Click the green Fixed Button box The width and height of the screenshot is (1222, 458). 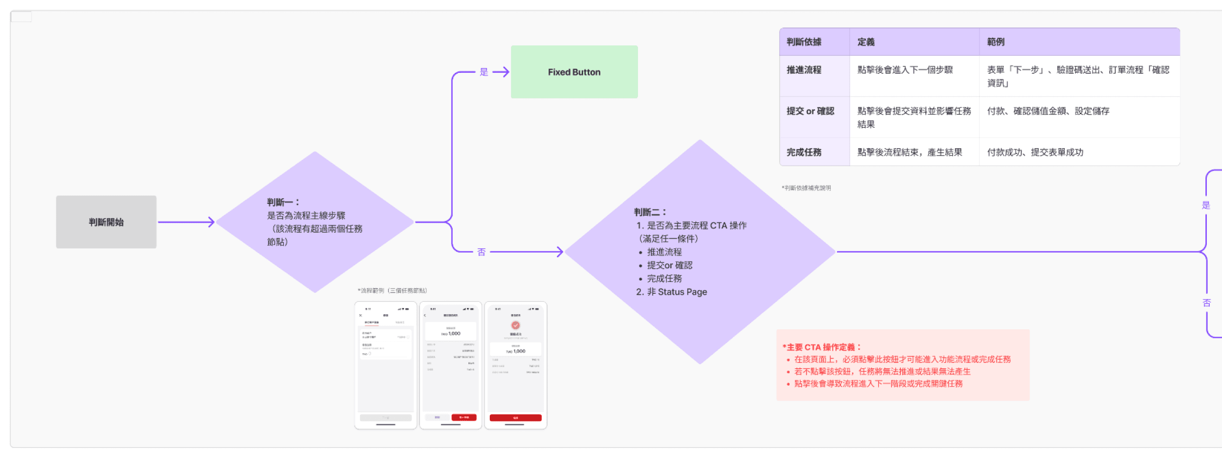pyautogui.click(x=574, y=72)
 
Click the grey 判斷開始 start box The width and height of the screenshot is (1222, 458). pyautogui.click(x=106, y=222)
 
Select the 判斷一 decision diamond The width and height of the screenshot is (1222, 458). pyautogui.click(x=314, y=222)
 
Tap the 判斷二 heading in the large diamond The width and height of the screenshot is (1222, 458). pyautogui.click(x=650, y=212)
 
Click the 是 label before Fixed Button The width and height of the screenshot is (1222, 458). pyautogui.click(x=484, y=72)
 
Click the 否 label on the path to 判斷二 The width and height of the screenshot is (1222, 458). pyautogui.click(x=481, y=252)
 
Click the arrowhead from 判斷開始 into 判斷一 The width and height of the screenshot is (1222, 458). pyautogui.click(x=211, y=222)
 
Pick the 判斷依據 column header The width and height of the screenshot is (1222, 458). pyautogui.click(x=804, y=42)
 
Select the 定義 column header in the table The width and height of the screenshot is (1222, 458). pyautogui.click(x=866, y=42)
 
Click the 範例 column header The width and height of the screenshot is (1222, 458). pyautogui.click(x=996, y=42)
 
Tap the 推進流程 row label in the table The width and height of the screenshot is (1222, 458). pyautogui.click(x=804, y=70)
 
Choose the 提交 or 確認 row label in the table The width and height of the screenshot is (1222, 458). pyautogui.click(x=810, y=111)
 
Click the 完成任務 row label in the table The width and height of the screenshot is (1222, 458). pyautogui.click(x=804, y=152)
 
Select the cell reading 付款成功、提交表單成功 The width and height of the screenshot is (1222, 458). pyautogui.click(x=1035, y=152)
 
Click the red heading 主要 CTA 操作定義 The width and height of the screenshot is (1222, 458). pyautogui.click(x=822, y=347)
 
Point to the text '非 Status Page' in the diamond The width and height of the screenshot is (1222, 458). pyautogui.click(x=676, y=292)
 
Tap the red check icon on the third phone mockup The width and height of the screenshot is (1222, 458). pyautogui.click(x=516, y=325)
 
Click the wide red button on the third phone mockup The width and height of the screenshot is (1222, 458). pyautogui.click(x=516, y=418)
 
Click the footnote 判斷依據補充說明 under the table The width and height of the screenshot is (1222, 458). pyautogui.click(x=807, y=188)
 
